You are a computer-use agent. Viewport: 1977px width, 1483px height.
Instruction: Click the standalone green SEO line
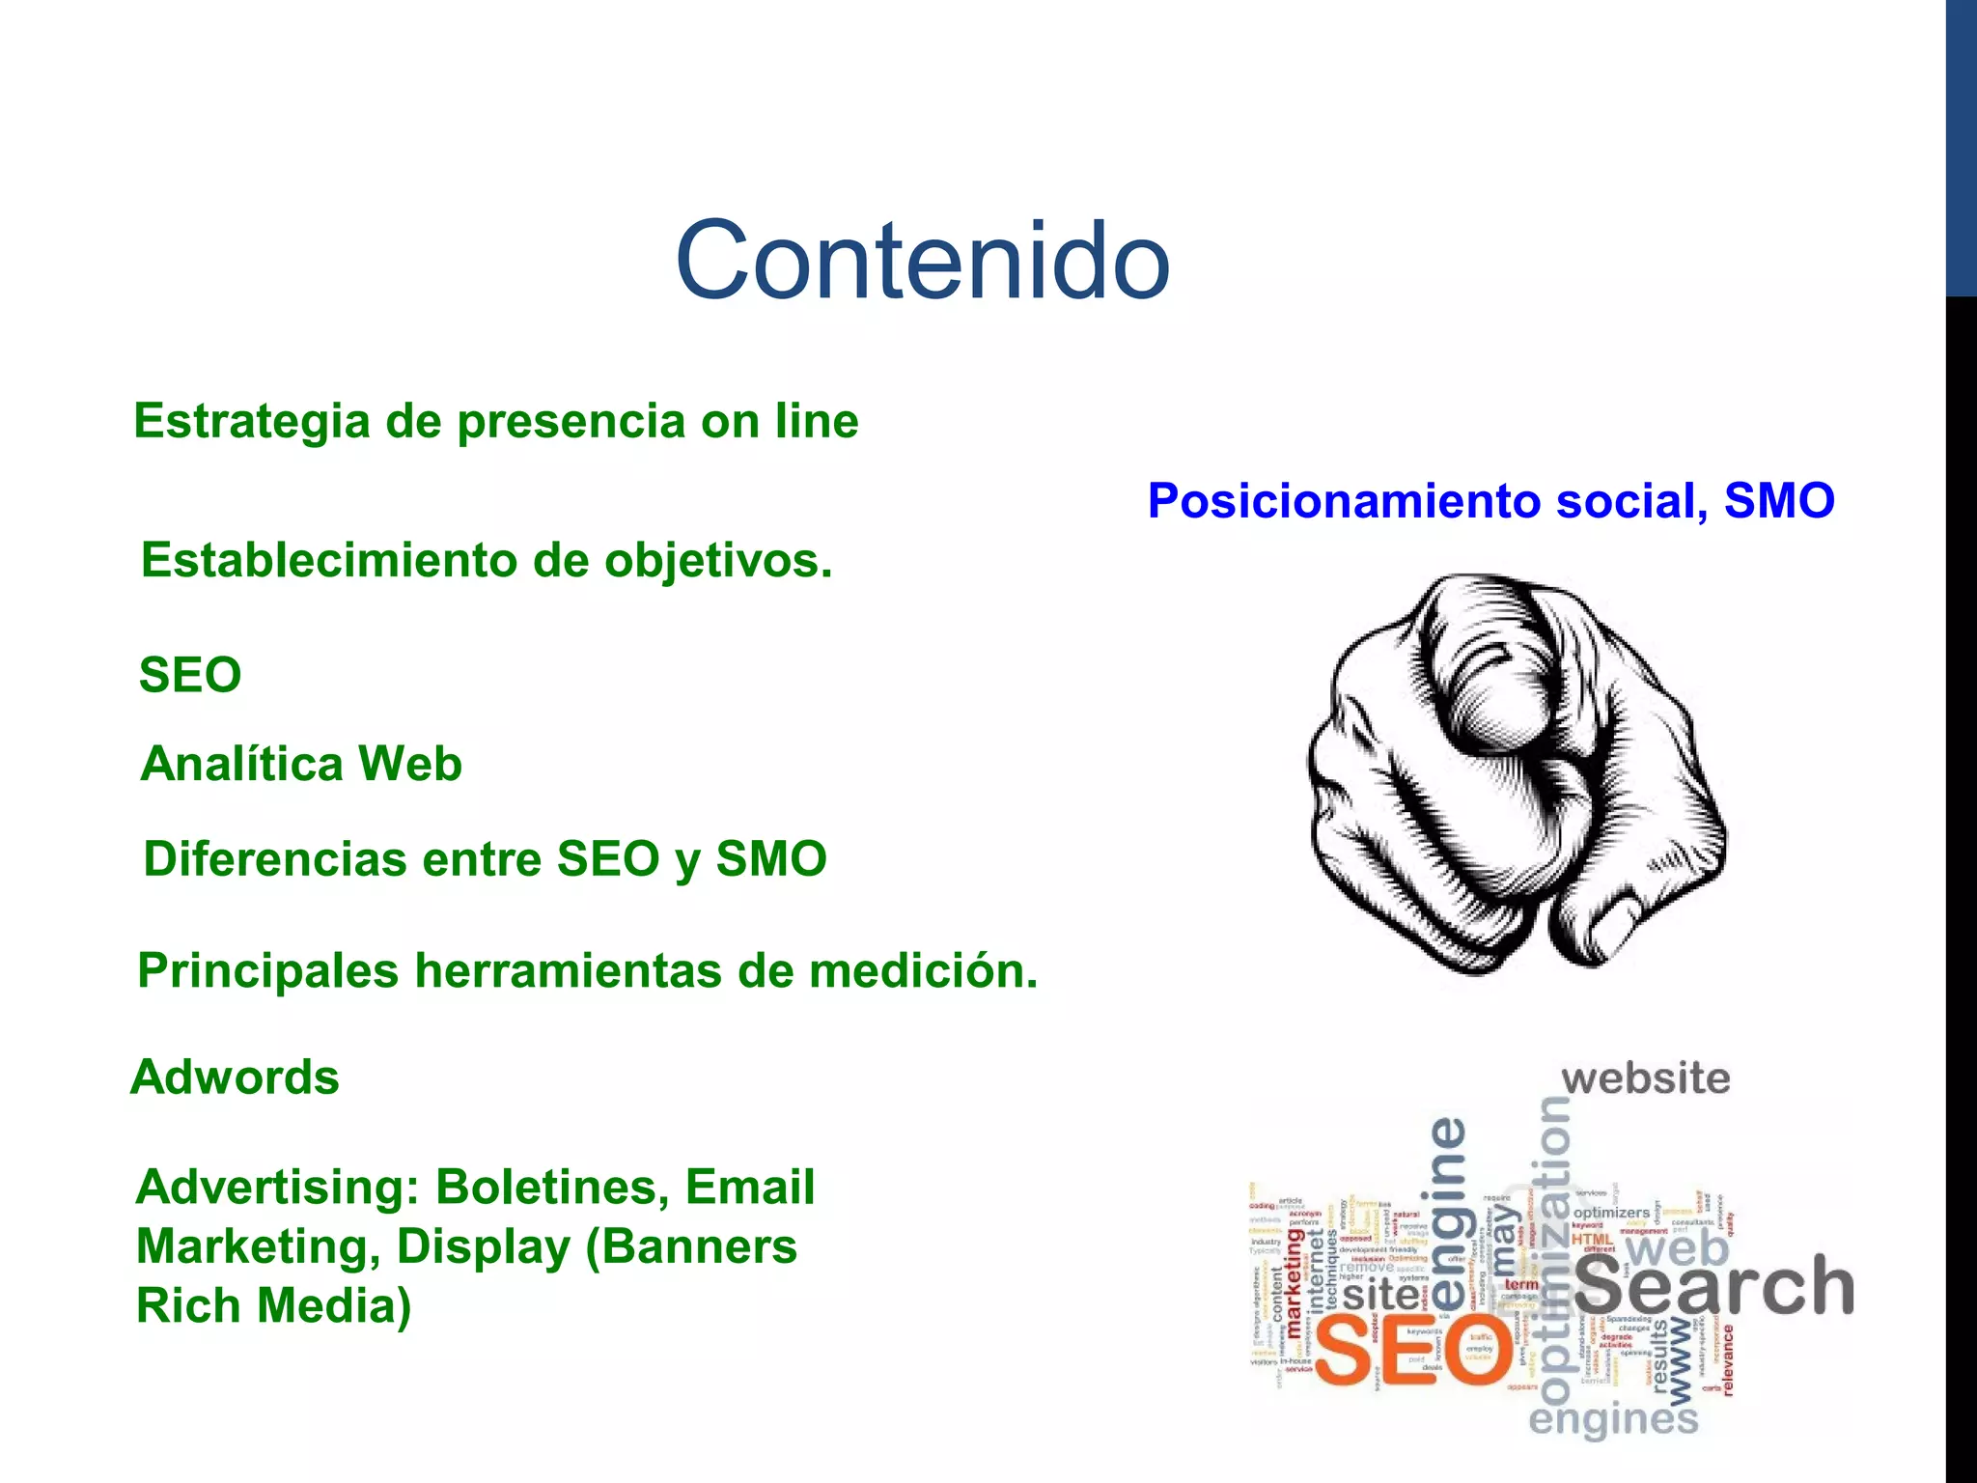[190, 675]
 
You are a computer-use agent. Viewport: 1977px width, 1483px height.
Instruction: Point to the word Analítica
[241, 764]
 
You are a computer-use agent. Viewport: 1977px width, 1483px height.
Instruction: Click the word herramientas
[569, 970]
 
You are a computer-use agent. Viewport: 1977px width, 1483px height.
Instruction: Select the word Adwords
[235, 1077]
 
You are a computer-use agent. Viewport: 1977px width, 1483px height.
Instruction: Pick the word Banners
[714, 1246]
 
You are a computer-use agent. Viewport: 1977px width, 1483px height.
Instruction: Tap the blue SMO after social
[1779, 501]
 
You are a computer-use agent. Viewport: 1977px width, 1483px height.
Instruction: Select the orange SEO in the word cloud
[1411, 1353]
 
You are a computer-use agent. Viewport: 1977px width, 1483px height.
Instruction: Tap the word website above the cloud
[1646, 1078]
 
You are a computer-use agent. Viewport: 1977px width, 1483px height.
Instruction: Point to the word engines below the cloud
[1612, 1420]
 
